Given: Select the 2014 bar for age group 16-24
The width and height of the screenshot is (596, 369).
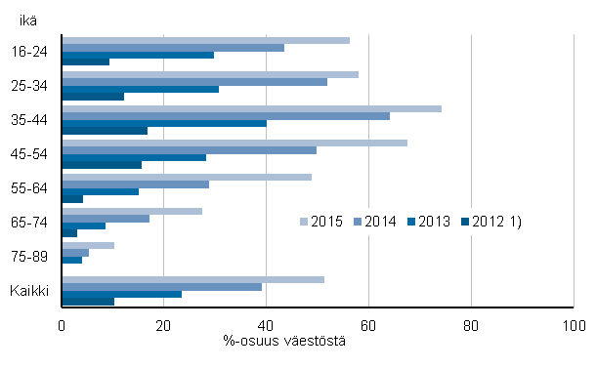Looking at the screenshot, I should click(173, 48).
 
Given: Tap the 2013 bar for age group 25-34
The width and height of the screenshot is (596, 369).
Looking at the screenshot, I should click(140, 89).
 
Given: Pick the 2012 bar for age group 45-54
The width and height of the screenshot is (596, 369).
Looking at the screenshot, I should click(102, 165).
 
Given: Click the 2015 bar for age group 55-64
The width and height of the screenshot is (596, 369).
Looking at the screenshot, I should click(187, 177).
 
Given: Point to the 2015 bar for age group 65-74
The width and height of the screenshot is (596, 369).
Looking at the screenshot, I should click(132, 211).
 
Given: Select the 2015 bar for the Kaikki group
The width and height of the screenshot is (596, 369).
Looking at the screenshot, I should click(192, 279).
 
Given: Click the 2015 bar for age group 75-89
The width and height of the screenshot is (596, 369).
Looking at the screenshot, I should click(88, 245).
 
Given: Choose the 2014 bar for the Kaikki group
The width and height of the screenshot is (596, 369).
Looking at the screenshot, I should click(161, 287).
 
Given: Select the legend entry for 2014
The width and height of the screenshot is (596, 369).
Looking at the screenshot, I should click(379, 222).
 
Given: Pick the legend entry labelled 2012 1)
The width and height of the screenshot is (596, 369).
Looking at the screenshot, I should click(497, 222).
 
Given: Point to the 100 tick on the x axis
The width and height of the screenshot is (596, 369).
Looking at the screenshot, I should click(573, 326).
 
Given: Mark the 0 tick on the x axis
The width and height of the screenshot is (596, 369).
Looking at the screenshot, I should click(62, 326).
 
